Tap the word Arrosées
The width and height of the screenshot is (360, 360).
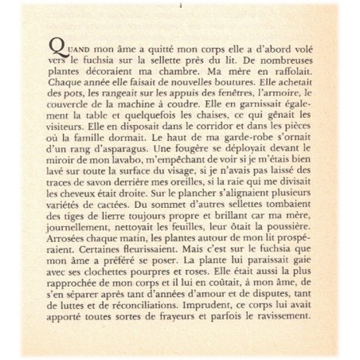[x=72, y=252]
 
